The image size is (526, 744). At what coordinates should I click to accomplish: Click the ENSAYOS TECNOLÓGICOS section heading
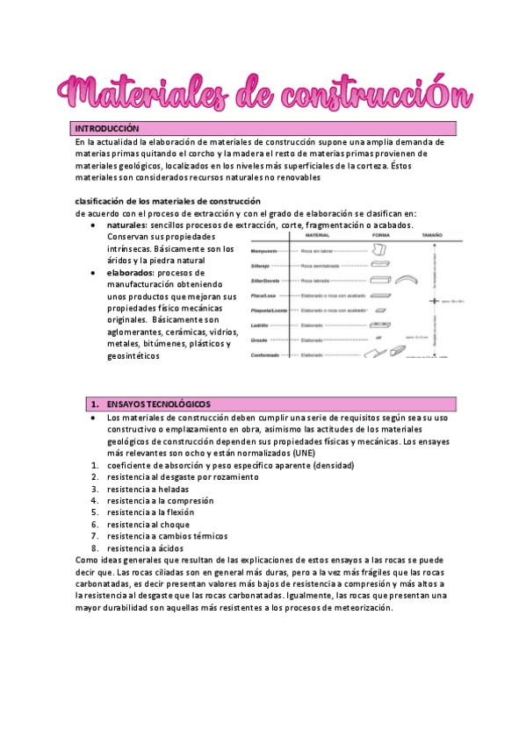coord(158,404)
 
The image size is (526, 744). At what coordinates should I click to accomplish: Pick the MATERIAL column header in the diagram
coord(317,236)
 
